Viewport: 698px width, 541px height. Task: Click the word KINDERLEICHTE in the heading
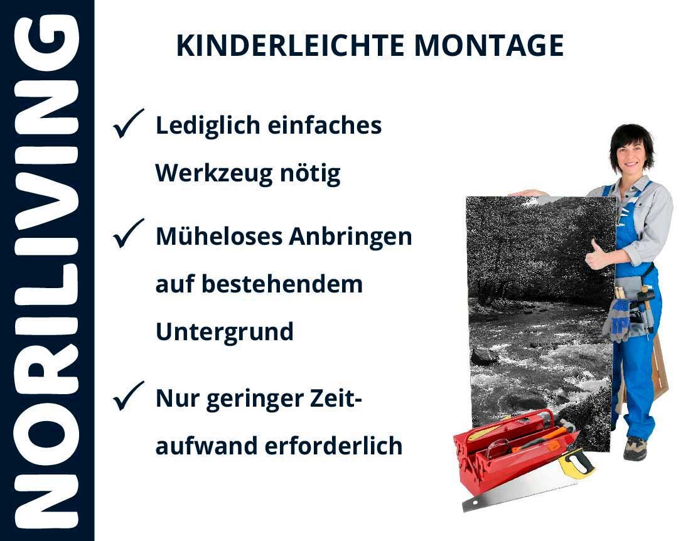tap(290, 45)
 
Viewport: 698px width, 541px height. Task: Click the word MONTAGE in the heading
tap(489, 45)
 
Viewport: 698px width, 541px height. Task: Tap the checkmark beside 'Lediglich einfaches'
tap(128, 124)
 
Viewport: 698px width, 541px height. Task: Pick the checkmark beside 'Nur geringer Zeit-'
tap(128, 395)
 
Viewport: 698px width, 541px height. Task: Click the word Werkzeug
tap(213, 174)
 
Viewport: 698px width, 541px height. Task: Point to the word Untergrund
tap(224, 332)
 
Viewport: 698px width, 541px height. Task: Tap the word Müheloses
tap(219, 236)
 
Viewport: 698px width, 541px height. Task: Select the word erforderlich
tap(333, 446)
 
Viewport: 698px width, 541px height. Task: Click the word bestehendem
tap(282, 284)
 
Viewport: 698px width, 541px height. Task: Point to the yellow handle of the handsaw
tap(576, 463)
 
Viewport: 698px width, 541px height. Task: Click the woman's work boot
tap(635, 448)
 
